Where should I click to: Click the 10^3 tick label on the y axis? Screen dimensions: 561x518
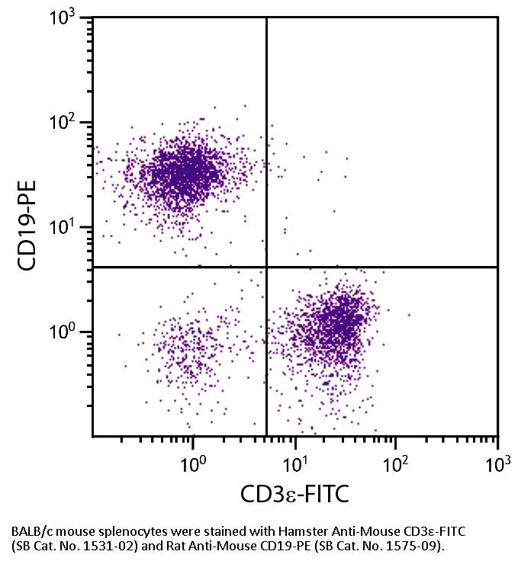[x=68, y=19]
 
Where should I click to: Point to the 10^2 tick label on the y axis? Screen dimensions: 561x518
[x=68, y=123]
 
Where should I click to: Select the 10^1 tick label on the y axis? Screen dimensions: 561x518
[x=68, y=227]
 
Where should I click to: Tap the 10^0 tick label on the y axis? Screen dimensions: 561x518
[x=68, y=332]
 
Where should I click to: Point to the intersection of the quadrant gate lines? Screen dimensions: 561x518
[x=266, y=267]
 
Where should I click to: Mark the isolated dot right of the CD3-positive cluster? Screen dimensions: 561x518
[x=409, y=314]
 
